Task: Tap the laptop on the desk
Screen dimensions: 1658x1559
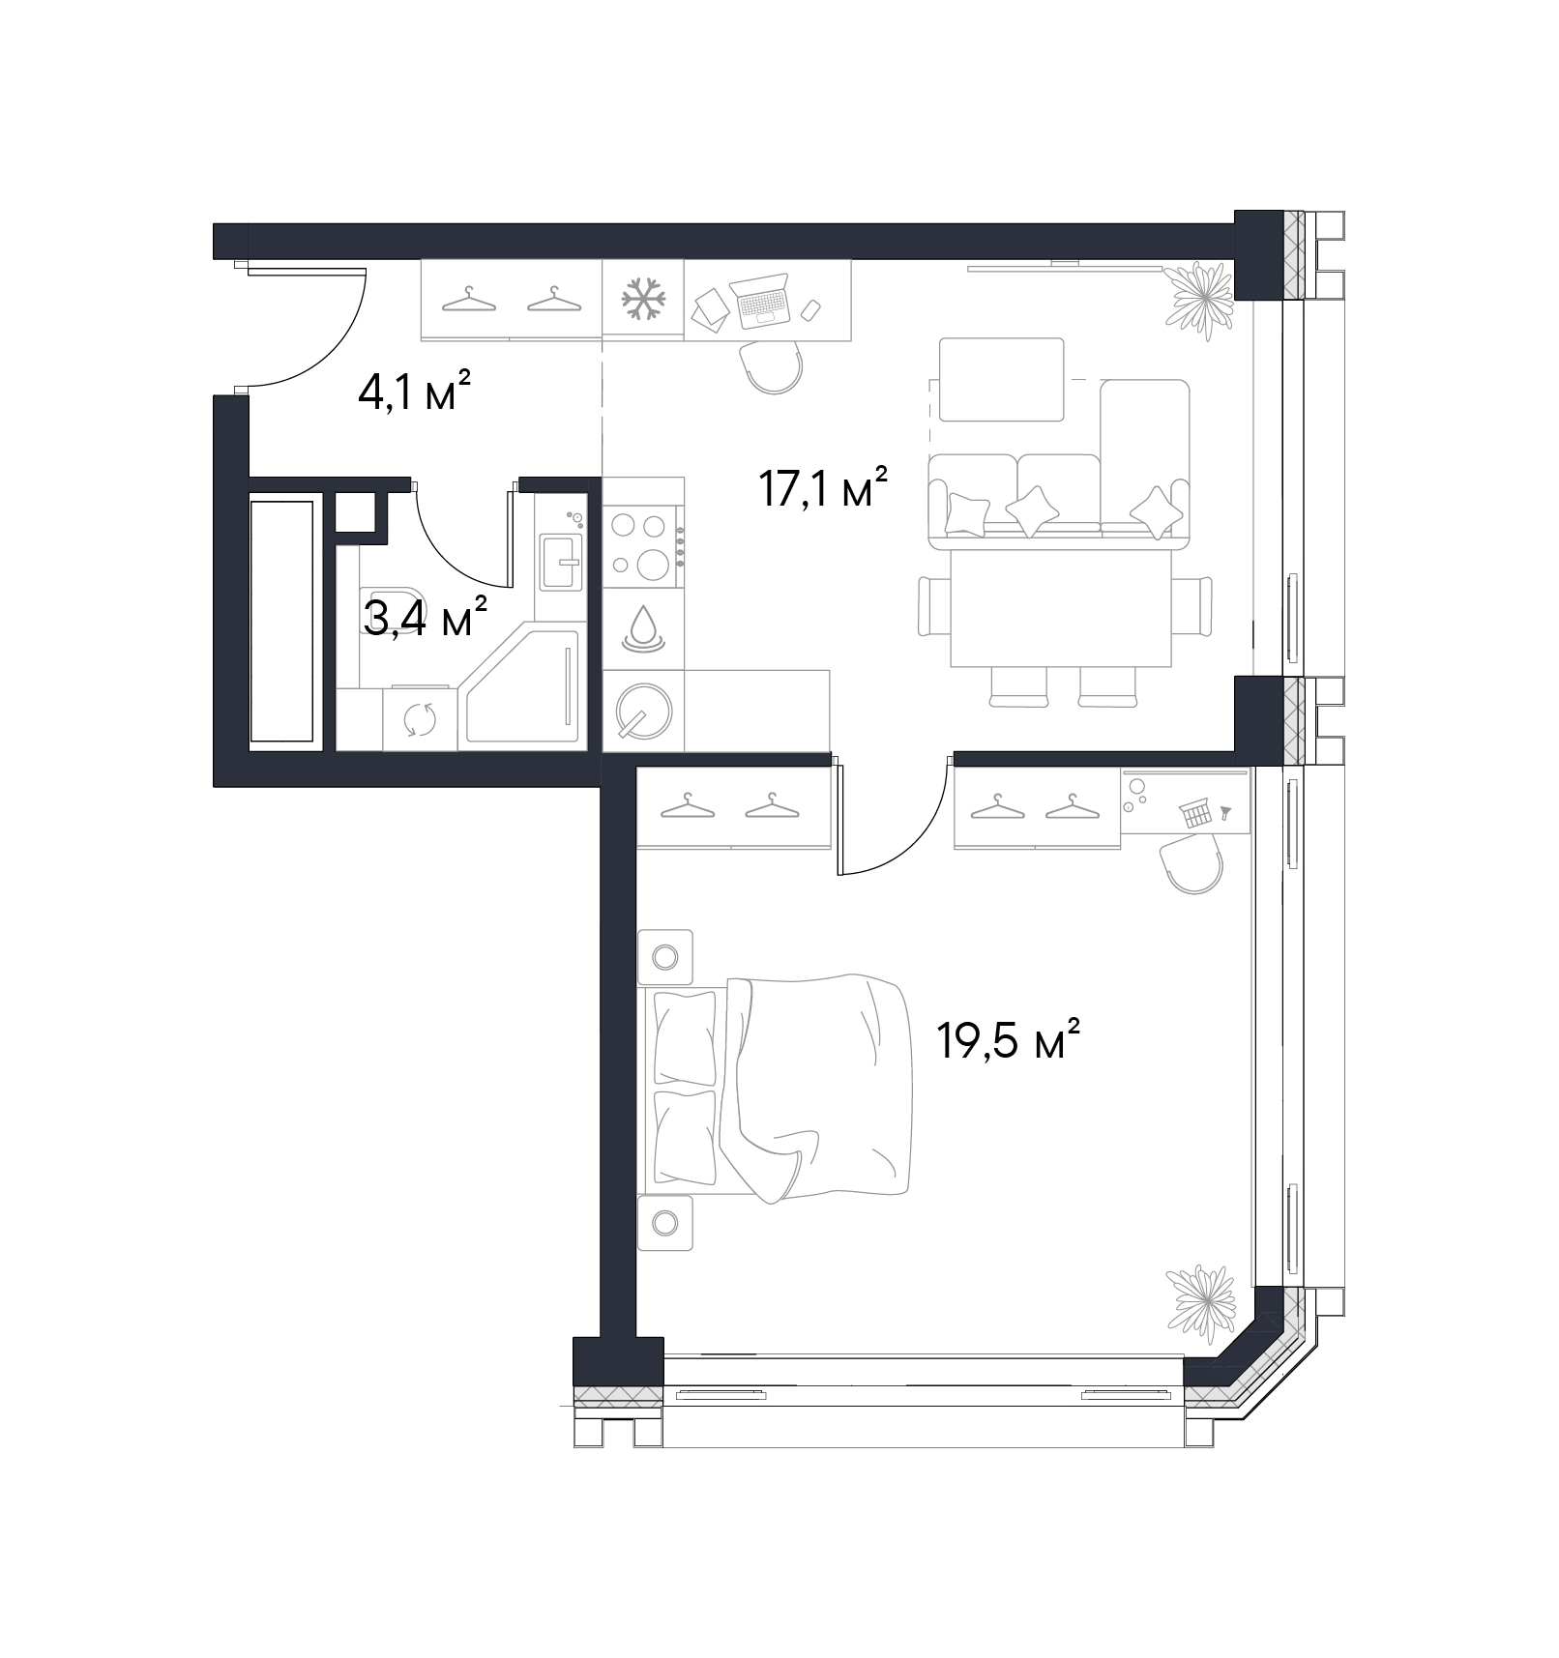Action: click(x=762, y=301)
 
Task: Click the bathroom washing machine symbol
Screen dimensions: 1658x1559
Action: click(x=420, y=718)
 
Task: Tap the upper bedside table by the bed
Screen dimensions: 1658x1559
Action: click(x=664, y=957)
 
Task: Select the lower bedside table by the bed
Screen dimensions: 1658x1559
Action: click(x=664, y=1223)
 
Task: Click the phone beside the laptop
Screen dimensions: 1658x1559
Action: click(x=811, y=309)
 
